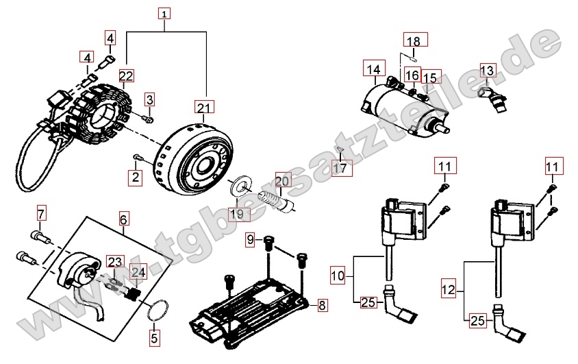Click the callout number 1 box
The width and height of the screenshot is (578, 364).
pos(165,13)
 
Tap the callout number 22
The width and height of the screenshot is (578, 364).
pos(126,75)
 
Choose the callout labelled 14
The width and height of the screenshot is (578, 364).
pos(373,69)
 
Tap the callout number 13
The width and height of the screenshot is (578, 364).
pos(486,71)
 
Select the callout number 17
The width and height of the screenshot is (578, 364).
pos(340,168)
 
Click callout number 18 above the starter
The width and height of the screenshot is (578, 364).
pos(413,41)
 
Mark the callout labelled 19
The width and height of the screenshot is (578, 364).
pos(236,215)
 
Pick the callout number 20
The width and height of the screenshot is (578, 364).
pos(283,182)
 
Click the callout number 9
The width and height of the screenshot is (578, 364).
pos(251,240)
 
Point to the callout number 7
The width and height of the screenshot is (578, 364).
pos(40,213)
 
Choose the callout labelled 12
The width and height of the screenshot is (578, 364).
pos(448,290)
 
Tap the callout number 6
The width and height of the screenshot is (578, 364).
pos(123,219)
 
